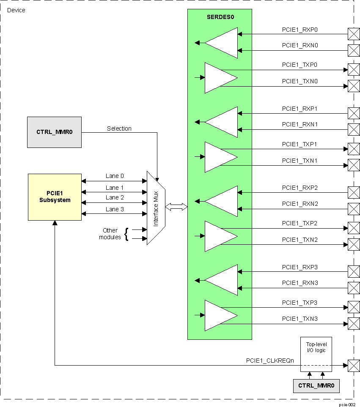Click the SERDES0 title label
(x=220, y=17)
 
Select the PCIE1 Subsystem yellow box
(x=55, y=197)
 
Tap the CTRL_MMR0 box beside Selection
(x=54, y=132)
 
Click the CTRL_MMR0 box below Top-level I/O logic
(x=316, y=385)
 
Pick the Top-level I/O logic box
(x=316, y=354)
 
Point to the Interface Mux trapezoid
(x=156, y=208)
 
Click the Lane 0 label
(x=115, y=176)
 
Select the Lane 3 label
(x=115, y=209)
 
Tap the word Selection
(x=119, y=128)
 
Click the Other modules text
(x=110, y=234)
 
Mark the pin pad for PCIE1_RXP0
(x=353, y=34)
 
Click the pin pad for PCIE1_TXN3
(x=353, y=324)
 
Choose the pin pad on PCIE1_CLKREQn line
(x=353, y=366)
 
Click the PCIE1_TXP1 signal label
(x=300, y=144)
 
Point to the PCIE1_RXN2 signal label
(x=300, y=204)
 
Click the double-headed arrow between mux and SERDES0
(x=176, y=207)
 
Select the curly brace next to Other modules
(x=126, y=234)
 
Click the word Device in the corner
(x=16, y=10)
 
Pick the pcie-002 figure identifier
(x=346, y=404)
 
